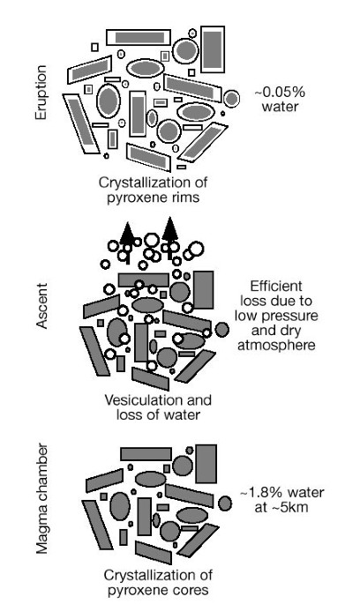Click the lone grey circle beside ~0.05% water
pyautogui.click(x=231, y=98)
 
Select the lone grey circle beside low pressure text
pyautogui.click(x=222, y=330)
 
